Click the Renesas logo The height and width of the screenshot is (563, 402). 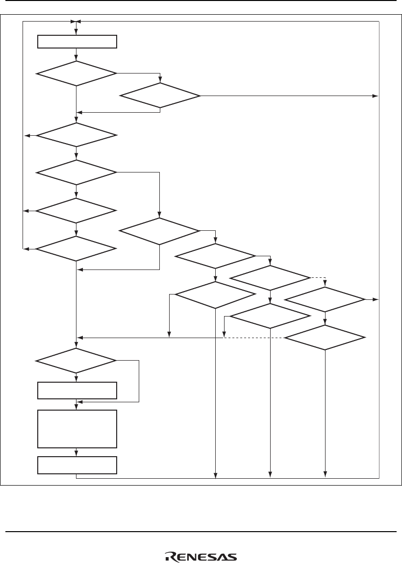201,557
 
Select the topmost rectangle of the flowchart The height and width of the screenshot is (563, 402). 77,42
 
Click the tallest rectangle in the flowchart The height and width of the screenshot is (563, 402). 77,429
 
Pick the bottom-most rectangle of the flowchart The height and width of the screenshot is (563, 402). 77,465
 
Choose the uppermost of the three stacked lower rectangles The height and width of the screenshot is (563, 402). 77,391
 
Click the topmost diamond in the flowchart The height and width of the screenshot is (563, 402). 77,73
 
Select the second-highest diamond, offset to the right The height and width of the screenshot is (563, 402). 160,95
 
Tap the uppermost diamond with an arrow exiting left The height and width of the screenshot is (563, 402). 77,135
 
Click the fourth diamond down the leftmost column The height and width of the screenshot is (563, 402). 77,211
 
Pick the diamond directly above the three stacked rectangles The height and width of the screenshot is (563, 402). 77,361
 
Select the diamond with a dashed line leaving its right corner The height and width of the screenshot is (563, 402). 270,278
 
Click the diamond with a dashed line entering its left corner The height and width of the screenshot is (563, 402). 325,338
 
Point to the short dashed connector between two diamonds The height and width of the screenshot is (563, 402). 318,278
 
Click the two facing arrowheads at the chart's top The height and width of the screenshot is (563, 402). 75,22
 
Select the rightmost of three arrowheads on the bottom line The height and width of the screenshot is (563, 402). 325,474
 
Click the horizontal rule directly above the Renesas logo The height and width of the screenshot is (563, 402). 201,532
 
